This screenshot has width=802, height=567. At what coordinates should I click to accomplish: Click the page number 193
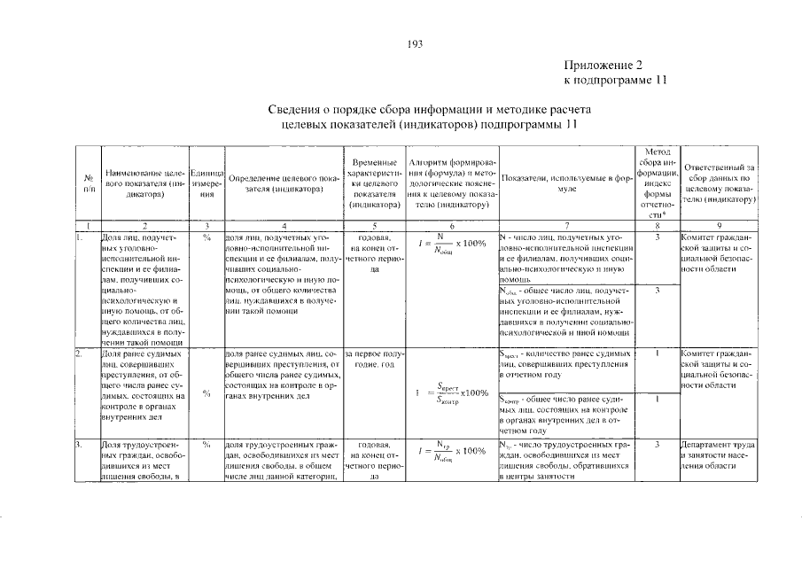[416, 44]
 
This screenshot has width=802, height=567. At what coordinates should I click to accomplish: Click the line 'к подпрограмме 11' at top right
[614, 81]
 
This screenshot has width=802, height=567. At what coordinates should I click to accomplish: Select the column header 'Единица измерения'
[206, 184]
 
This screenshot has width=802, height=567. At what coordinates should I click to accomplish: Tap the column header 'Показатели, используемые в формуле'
[565, 184]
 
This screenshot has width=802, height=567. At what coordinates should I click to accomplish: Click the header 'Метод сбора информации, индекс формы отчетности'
[656, 184]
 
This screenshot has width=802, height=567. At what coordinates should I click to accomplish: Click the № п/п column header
[88, 184]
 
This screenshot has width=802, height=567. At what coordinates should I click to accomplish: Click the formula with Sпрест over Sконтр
[452, 392]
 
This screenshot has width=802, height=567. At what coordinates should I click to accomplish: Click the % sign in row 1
[206, 238]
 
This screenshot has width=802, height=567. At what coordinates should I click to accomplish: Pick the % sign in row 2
[206, 393]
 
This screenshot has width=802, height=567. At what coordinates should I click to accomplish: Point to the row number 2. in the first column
[79, 354]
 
